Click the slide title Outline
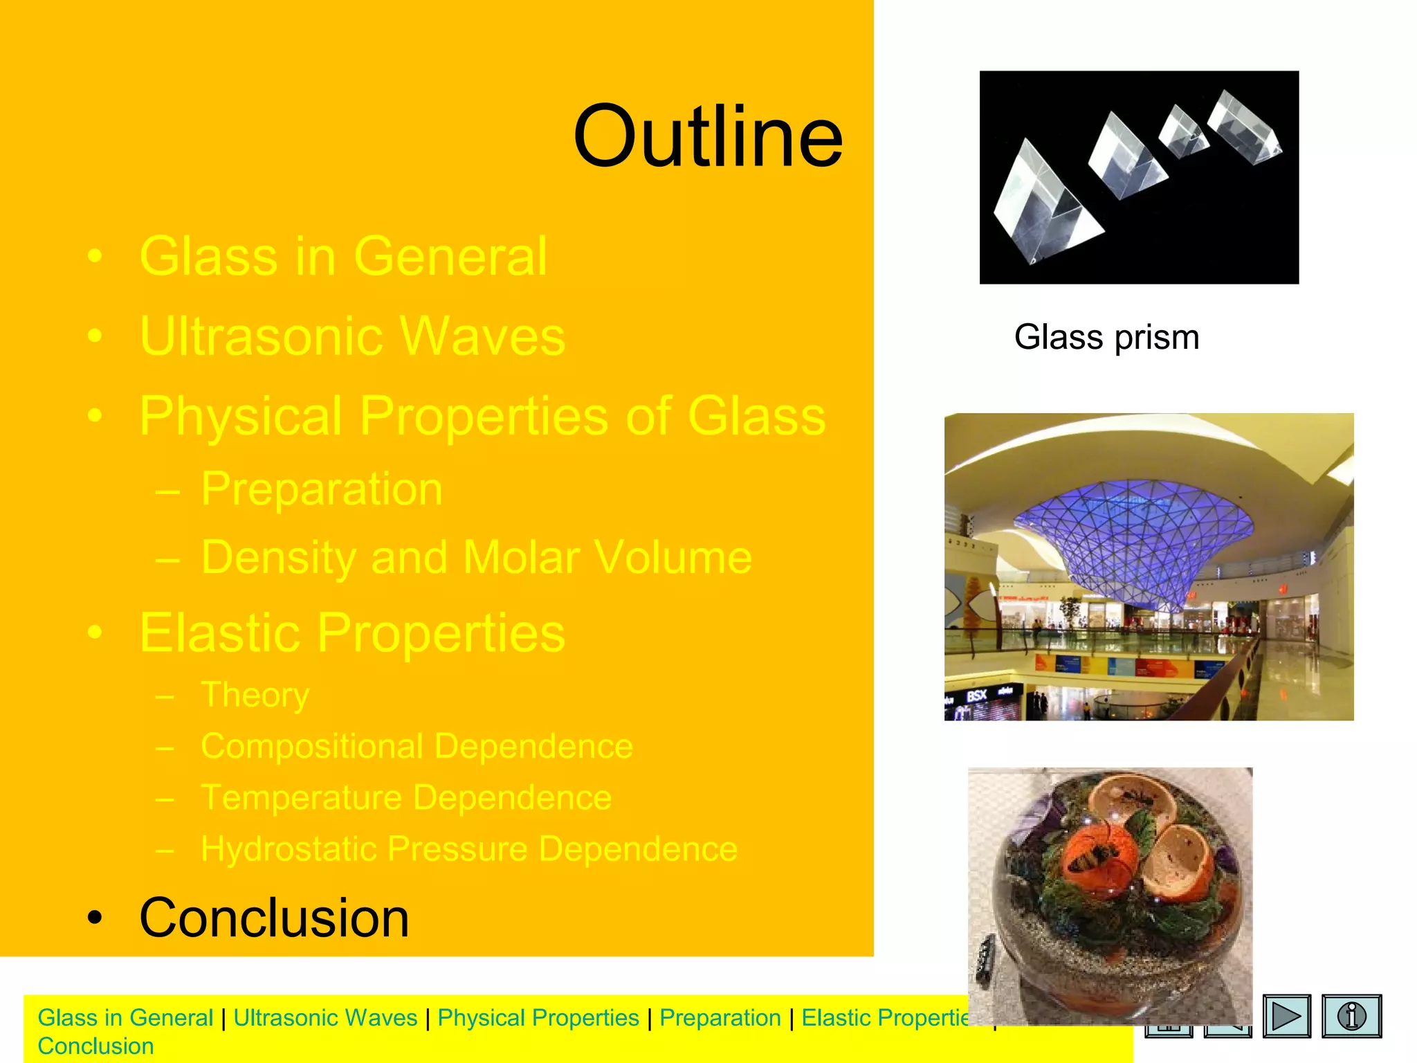tap(708, 136)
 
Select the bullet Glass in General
tap(343, 257)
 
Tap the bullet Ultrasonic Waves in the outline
tap(352, 336)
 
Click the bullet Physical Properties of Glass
tap(482, 416)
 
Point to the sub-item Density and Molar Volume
tap(476, 557)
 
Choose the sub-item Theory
tap(255, 695)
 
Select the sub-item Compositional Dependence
tap(417, 746)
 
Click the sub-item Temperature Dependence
tap(406, 797)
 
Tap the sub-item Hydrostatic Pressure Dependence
tap(469, 848)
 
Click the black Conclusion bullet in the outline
tap(274, 918)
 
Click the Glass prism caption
tap(1106, 338)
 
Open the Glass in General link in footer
tap(125, 1017)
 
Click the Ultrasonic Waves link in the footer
tap(325, 1017)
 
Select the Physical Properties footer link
tap(538, 1017)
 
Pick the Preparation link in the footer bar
tap(720, 1017)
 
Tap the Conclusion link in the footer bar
tap(95, 1046)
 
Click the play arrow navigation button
tap(1286, 1016)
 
